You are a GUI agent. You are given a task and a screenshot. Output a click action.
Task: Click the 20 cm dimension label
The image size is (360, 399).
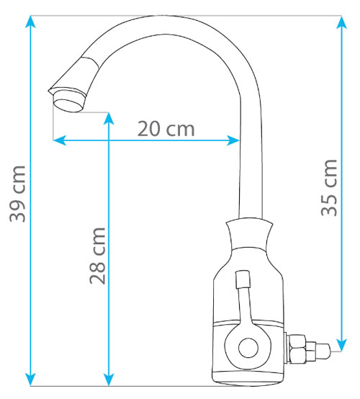point(166,129)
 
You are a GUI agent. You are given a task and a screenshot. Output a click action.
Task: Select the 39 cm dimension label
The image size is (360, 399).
point(17,194)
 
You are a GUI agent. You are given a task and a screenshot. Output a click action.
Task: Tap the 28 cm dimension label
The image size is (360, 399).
point(97,256)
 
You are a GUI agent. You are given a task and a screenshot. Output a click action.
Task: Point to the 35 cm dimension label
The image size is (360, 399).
point(329,188)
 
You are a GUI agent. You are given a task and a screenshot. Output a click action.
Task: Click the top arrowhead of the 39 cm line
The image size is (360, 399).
point(30,21)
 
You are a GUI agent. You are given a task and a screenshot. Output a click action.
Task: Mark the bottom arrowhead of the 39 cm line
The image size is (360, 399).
point(30,380)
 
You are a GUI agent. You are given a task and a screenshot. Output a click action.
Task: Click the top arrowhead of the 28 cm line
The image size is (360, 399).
point(109,118)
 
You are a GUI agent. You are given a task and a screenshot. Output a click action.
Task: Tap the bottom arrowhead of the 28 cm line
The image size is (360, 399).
point(109,380)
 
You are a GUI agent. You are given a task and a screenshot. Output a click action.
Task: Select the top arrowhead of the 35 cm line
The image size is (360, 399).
point(341,22)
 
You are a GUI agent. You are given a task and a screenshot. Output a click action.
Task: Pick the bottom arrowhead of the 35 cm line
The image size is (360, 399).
point(341,346)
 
